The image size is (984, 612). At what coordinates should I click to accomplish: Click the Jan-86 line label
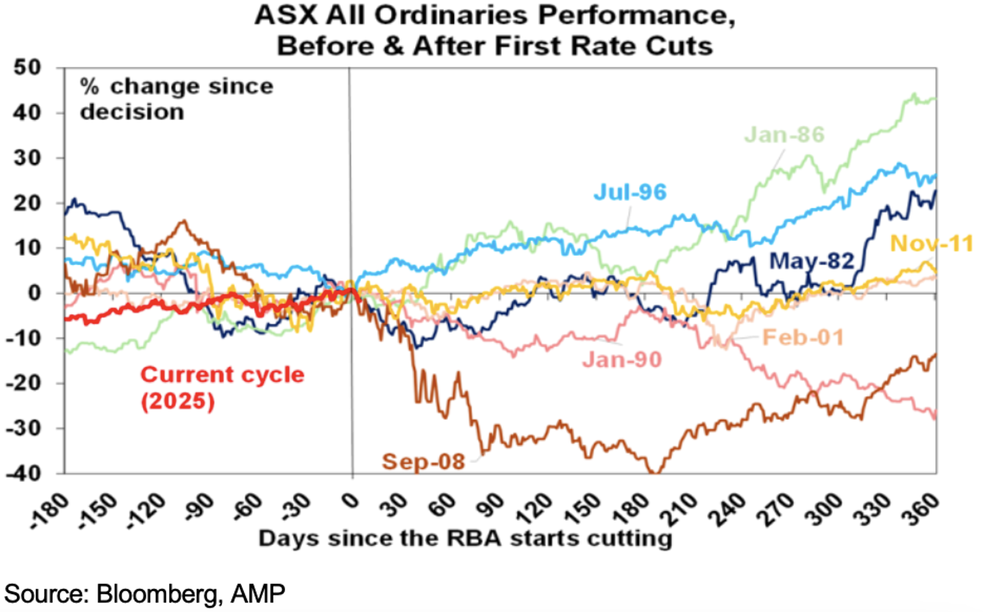click(x=784, y=135)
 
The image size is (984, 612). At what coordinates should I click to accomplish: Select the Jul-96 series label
click(x=630, y=192)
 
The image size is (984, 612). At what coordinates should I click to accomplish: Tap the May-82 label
click(x=811, y=261)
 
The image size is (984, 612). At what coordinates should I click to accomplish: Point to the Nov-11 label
click(x=931, y=243)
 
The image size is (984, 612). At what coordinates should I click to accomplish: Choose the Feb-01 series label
click(x=803, y=337)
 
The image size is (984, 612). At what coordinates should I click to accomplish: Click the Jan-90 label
click(x=621, y=359)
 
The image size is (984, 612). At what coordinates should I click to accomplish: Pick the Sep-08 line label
click(x=423, y=462)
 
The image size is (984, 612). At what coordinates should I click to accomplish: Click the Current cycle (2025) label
click(x=222, y=387)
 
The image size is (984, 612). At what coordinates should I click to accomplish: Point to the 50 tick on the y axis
click(x=28, y=67)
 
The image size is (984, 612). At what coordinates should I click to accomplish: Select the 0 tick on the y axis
click(x=35, y=293)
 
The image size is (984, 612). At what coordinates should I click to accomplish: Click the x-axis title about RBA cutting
click(x=465, y=538)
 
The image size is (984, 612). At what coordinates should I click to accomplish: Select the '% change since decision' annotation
click(x=176, y=98)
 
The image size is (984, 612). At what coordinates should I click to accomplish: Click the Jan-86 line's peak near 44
click(x=914, y=94)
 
